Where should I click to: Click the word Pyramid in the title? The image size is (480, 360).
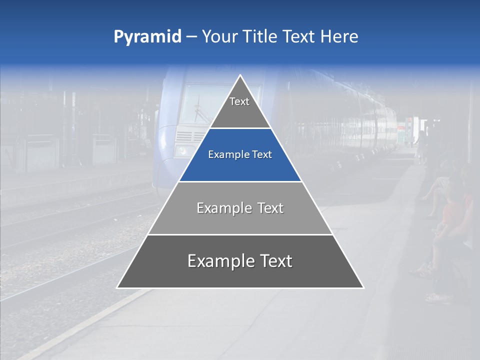[x=147, y=37]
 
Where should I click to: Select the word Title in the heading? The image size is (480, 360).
[x=260, y=37]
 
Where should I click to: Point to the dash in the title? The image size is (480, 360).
[x=191, y=37]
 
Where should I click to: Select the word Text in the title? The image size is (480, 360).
[x=300, y=37]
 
